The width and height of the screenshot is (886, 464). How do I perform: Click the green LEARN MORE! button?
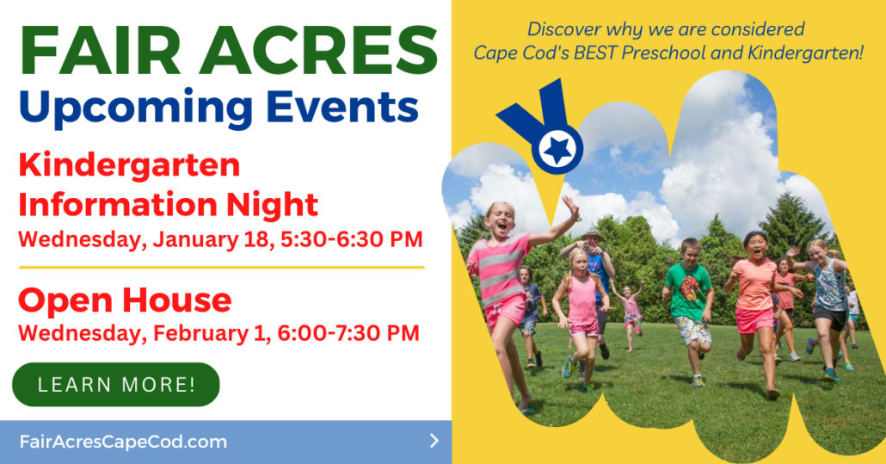[116, 384]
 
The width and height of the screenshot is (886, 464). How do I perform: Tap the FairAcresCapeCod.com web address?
[123, 442]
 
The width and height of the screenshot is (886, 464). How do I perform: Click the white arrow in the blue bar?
[434, 441]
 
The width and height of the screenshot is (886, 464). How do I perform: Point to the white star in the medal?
[557, 149]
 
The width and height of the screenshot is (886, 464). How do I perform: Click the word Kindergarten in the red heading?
[129, 165]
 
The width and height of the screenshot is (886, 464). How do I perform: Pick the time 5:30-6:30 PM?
[352, 239]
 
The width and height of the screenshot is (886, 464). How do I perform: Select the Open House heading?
[125, 300]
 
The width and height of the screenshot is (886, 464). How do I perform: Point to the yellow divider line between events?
[222, 268]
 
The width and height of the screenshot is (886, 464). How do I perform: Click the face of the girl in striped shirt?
[500, 220]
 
